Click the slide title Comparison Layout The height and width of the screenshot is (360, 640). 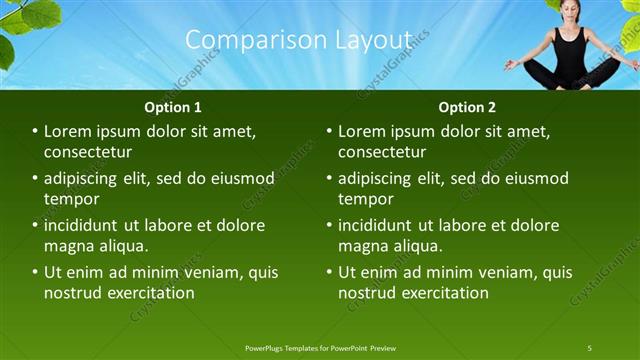[299, 39]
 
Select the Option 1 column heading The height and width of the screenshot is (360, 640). [173, 107]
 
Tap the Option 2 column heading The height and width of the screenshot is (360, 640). [467, 107]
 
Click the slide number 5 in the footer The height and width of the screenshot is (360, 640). [590, 347]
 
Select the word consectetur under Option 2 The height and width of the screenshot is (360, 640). [382, 153]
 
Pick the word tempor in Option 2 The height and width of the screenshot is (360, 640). [365, 199]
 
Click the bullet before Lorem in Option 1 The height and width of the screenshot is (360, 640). [35, 132]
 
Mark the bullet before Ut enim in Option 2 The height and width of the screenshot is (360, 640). [329, 272]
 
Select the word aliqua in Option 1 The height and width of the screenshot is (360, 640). [125, 246]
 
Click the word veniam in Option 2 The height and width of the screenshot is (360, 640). [490, 272]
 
